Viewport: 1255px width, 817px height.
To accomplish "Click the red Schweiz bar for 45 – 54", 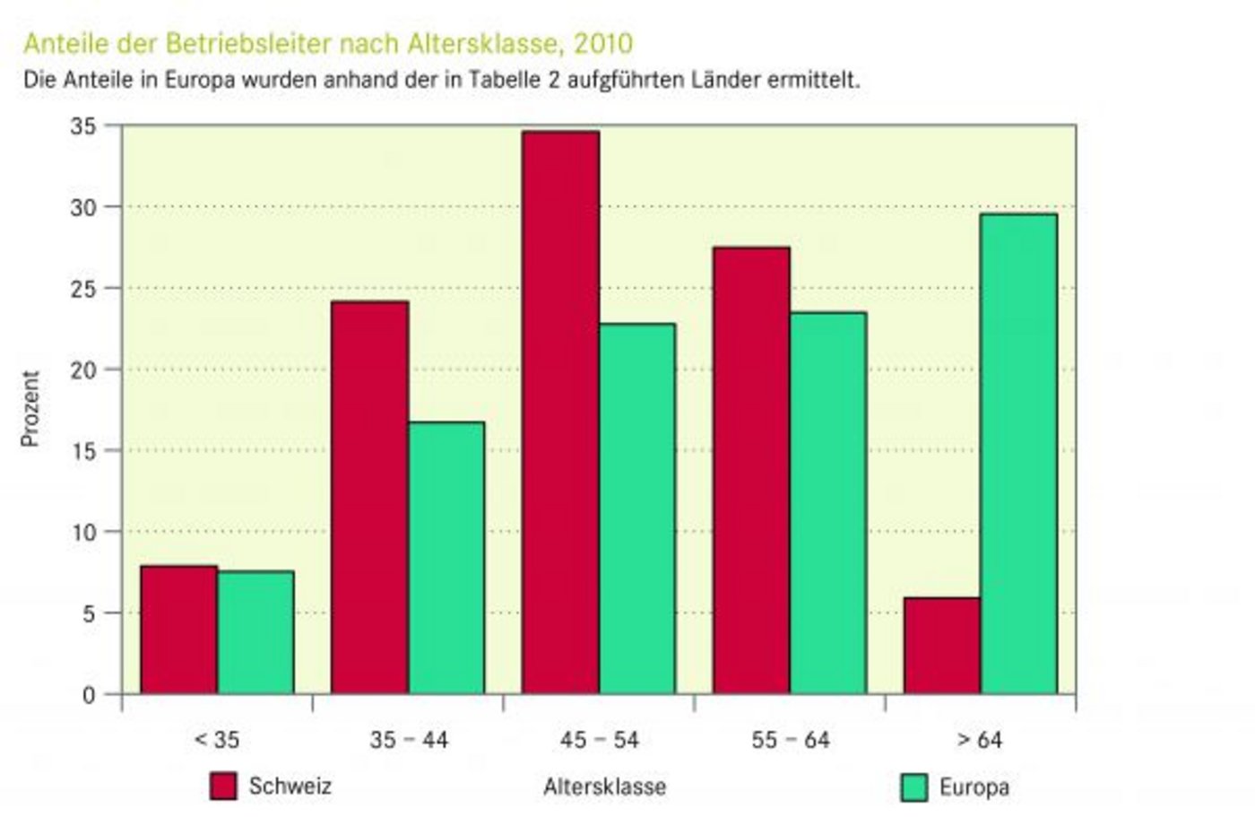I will [x=560, y=413].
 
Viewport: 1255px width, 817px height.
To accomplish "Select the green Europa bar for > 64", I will [x=1018, y=453].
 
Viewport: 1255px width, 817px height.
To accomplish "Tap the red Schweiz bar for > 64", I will [x=941, y=646].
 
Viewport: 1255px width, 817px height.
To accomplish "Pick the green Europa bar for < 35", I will [x=255, y=632].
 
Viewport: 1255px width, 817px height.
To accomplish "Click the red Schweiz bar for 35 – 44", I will [x=369, y=498].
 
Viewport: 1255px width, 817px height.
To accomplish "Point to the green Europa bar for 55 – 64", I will [x=828, y=502].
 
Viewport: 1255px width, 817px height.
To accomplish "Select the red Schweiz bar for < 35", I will [x=178, y=630].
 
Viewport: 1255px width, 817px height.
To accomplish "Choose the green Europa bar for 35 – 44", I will [x=446, y=558].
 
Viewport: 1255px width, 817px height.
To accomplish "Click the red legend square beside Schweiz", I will [x=223, y=787].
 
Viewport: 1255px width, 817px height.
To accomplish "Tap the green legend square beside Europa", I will [x=913, y=787].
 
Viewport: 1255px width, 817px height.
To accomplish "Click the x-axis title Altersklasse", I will [x=604, y=787].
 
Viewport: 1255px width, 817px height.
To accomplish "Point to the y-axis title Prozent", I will [x=30, y=409].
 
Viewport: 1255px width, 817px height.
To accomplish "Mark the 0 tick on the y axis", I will [x=88, y=695].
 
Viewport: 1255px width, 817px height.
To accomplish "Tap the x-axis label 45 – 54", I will [x=599, y=741].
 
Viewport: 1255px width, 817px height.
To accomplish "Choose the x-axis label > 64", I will [x=979, y=741].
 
